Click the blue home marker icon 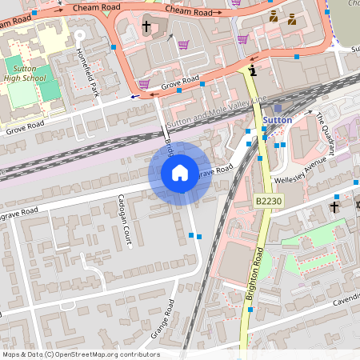180,173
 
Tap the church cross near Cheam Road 146,27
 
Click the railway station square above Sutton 278,107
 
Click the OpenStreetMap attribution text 80,354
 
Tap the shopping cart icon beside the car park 185,45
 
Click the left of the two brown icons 274,16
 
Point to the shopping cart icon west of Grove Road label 144,83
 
